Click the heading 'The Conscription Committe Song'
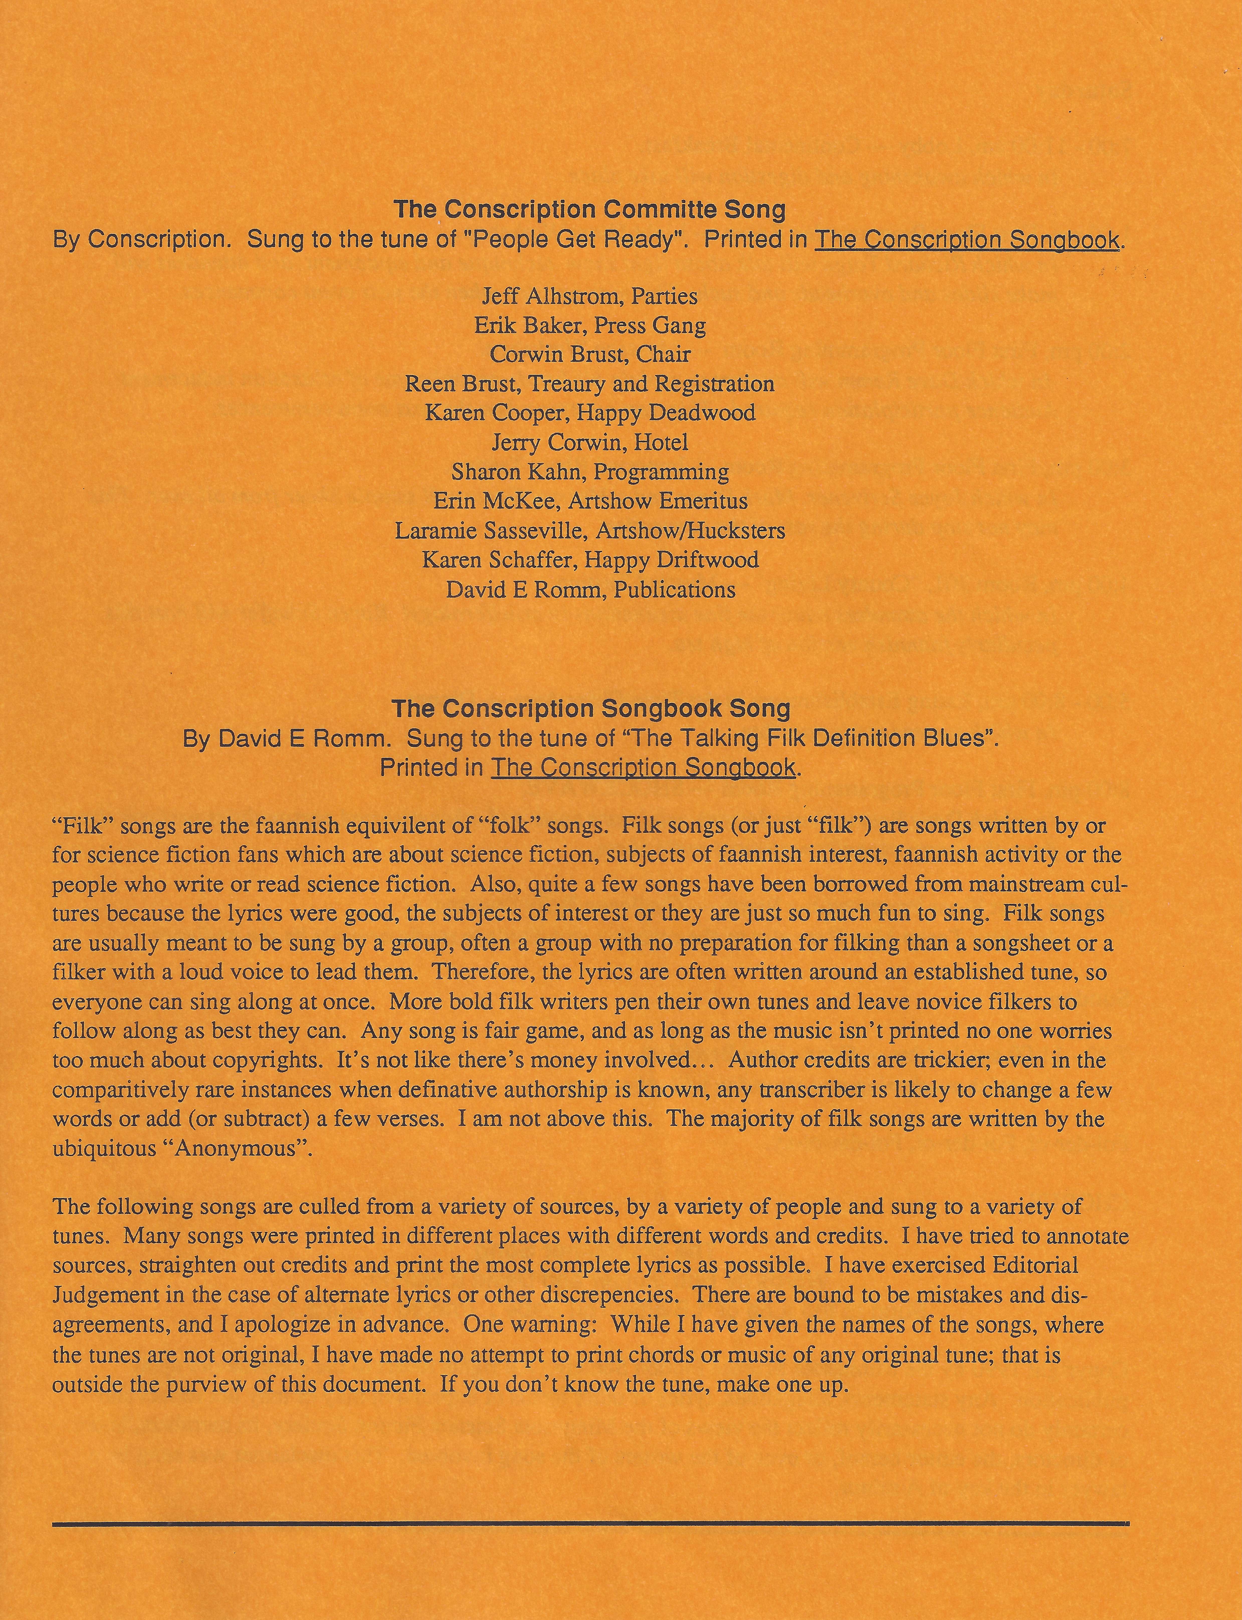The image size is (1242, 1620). click(x=589, y=210)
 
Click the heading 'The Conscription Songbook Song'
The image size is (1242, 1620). click(x=591, y=709)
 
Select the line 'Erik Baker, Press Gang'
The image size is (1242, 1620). click(x=589, y=325)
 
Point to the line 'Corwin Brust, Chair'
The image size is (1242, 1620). click(x=589, y=355)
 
